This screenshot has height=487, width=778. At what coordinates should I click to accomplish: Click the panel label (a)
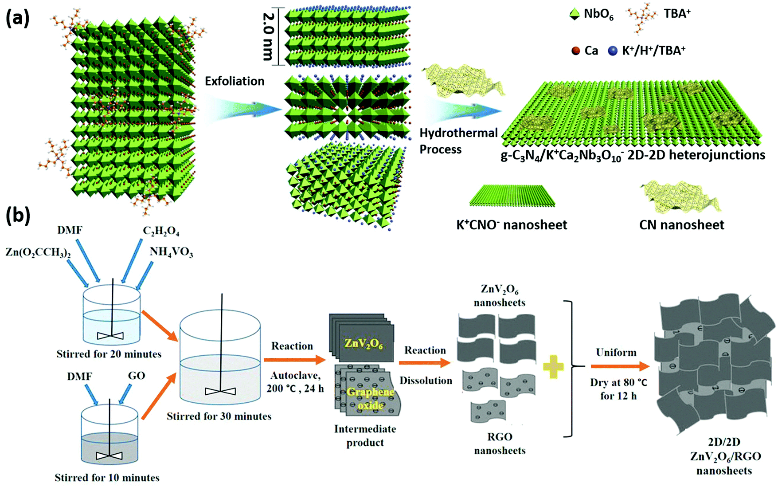[x=18, y=19]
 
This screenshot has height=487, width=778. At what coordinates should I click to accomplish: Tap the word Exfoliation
[x=234, y=81]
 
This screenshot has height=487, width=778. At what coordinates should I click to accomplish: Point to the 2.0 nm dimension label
[x=269, y=36]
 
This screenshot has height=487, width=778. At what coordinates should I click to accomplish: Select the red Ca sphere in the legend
[x=575, y=51]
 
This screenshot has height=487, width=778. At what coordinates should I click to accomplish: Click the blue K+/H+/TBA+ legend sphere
[x=613, y=51]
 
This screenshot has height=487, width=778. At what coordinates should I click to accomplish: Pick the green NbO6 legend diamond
[x=575, y=15]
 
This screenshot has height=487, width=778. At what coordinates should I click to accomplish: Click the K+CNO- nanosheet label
[x=512, y=225]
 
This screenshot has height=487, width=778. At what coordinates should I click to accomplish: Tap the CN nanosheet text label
[x=681, y=225]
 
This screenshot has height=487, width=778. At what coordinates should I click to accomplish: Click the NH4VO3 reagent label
[x=171, y=252]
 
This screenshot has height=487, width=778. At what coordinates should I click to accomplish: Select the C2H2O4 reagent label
[x=161, y=231]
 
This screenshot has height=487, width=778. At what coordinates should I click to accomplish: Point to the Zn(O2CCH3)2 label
[x=38, y=252]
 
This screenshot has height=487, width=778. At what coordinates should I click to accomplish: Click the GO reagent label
[x=137, y=376]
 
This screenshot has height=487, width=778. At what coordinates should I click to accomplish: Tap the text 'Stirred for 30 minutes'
[x=219, y=416]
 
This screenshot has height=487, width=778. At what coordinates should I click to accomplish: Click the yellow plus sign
[x=553, y=366]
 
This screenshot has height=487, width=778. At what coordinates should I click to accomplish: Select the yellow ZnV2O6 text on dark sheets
[x=364, y=343]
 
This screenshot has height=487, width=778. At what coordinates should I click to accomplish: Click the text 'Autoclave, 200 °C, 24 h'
[x=295, y=382]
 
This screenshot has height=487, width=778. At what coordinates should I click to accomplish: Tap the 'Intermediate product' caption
[x=365, y=436]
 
